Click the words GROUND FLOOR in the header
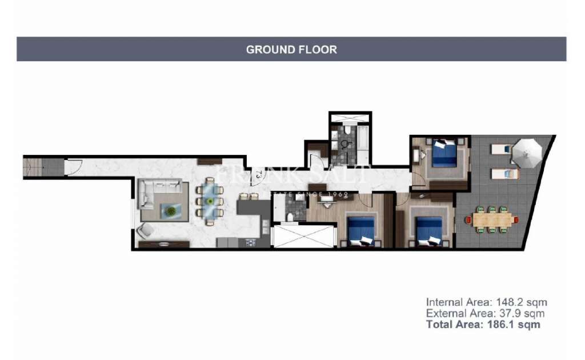click(x=291, y=50)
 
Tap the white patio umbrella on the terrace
click(x=526, y=152)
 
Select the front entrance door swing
click(x=74, y=168)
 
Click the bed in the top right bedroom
click(x=444, y=154)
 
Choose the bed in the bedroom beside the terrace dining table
click(x=427, y=230)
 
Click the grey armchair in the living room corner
click(x=146, y=230)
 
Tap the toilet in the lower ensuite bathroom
click(x=290, y=215)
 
